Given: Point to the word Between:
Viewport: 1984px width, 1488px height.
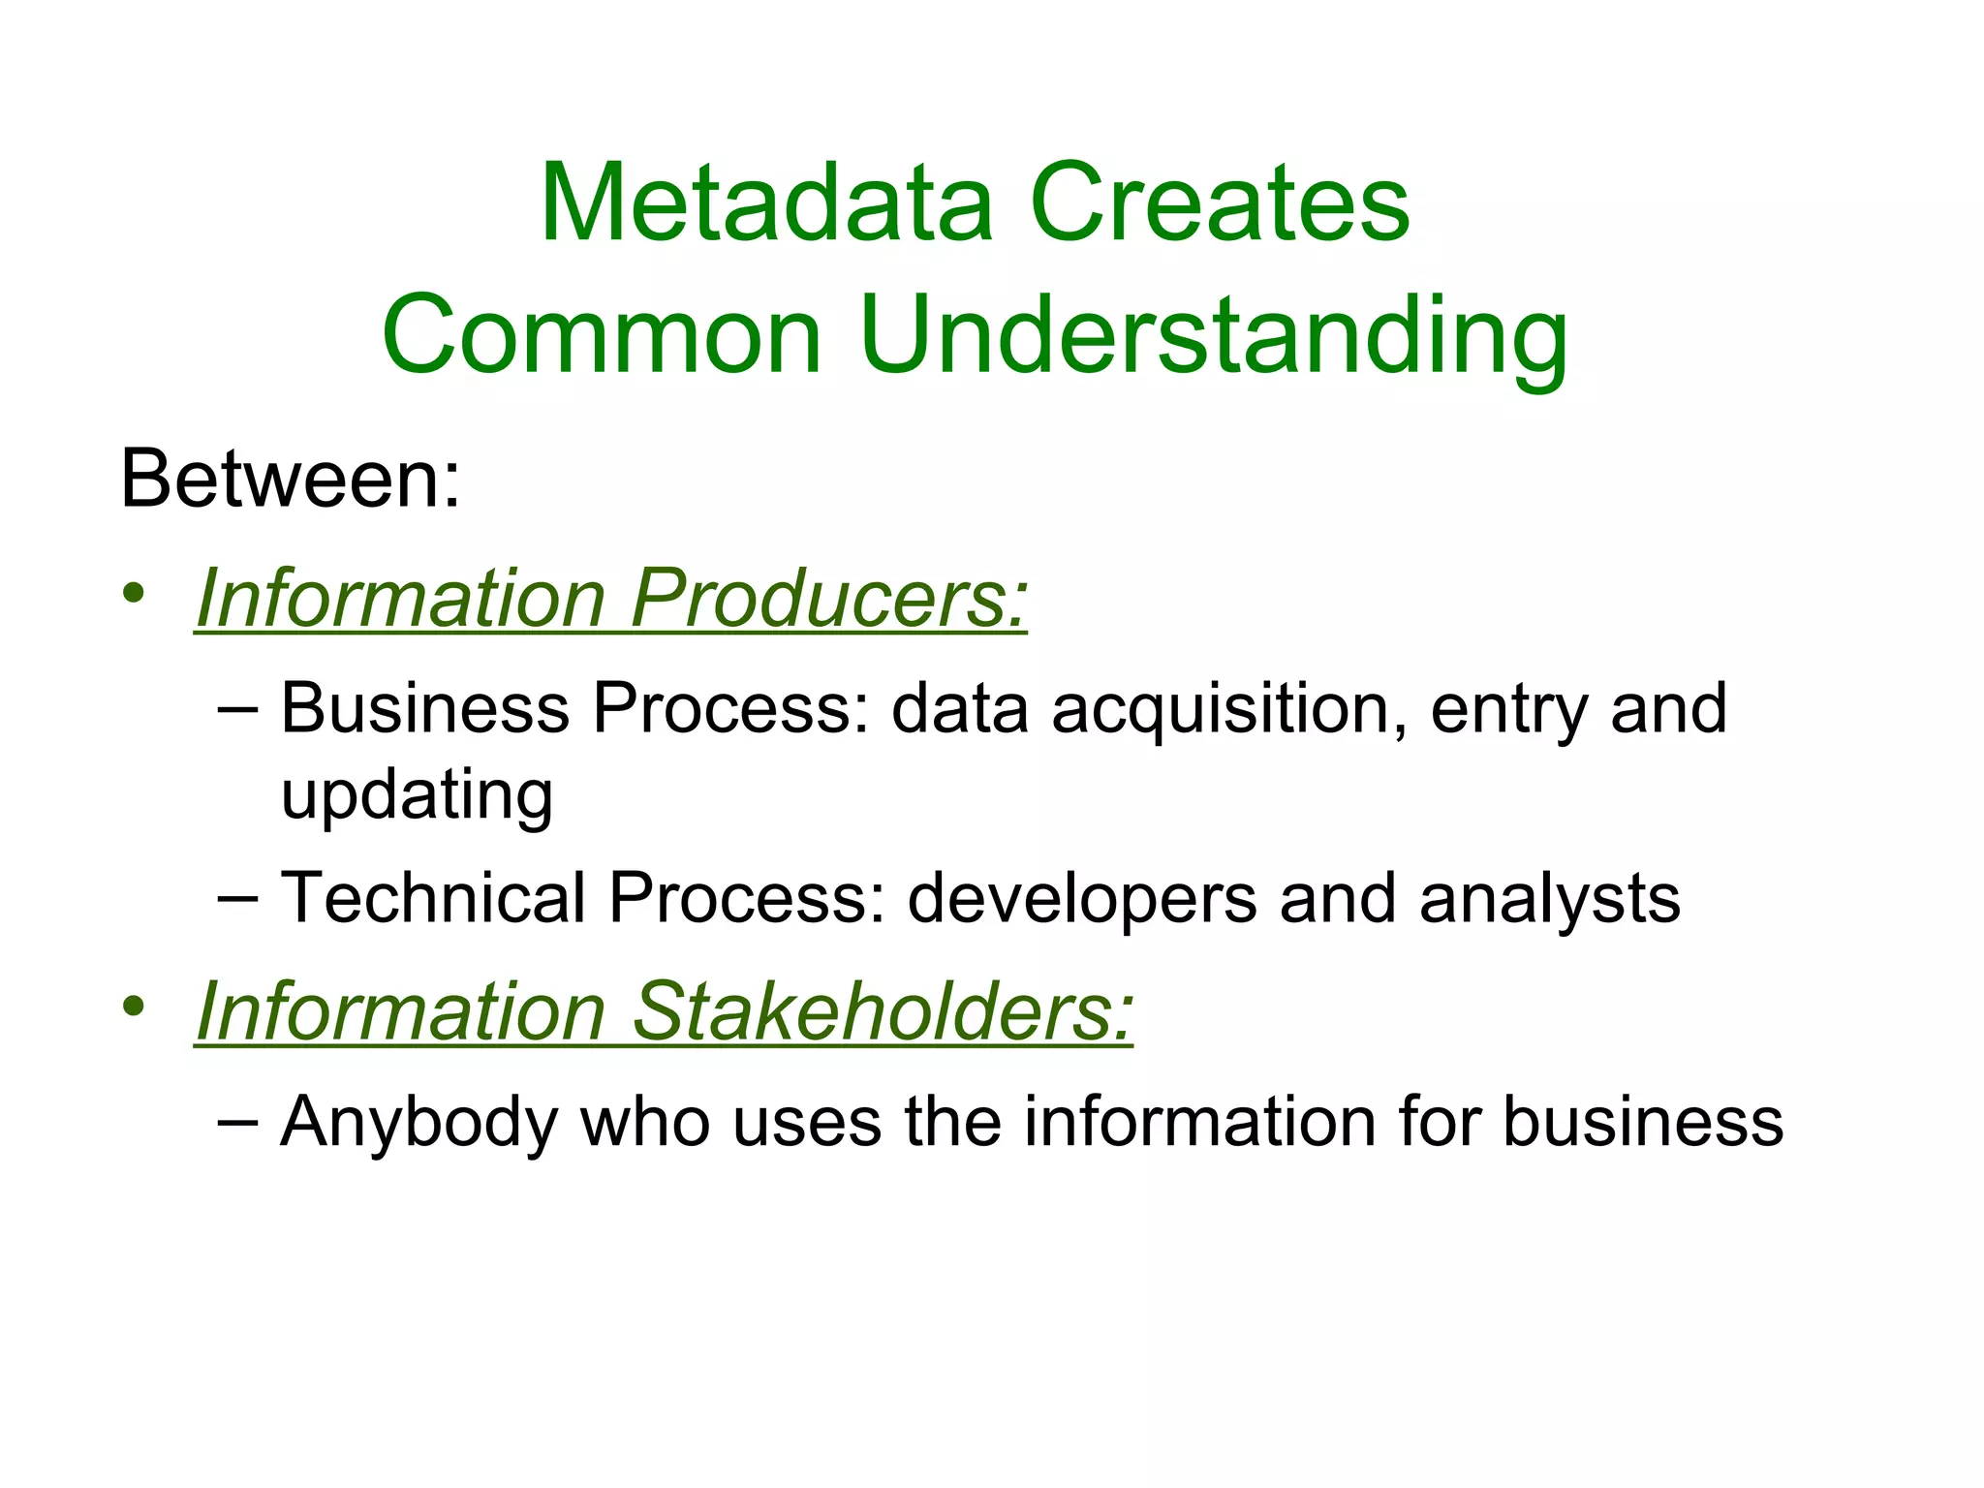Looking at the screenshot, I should [x=290, y=479].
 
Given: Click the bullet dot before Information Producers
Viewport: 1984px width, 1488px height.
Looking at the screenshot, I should [x=134, y=592].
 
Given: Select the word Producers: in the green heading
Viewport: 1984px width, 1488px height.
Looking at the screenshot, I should [x=829, y=598].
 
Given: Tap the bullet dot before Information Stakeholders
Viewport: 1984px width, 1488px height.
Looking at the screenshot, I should [x=134, y=1006].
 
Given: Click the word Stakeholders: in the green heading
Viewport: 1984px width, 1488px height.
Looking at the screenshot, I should [x=883, y=1011].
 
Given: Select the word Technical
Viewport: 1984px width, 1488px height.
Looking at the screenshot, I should [x=433, y=898].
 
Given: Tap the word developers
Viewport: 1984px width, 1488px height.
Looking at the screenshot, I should [x=1084, y=898].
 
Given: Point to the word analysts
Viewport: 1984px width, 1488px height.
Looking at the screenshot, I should [x=1549, y=898].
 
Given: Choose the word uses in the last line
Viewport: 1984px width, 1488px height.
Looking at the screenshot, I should [x=806, y=1122].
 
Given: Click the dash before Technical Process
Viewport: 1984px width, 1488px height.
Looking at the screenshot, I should [x=237, y=899].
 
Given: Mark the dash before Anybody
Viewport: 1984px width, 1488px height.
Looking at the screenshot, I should [x=237, y=1122].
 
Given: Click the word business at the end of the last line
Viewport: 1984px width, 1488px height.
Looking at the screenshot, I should [x=1643, y=1122].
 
